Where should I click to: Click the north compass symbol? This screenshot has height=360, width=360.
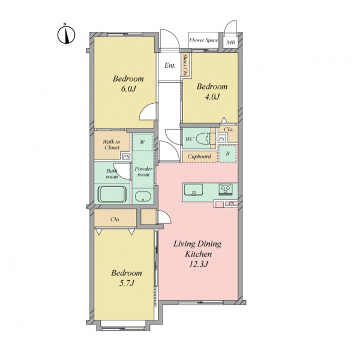point(66,35)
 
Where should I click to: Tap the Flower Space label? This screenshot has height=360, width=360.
point(203,40)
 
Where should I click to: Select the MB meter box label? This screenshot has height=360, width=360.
point(231,43)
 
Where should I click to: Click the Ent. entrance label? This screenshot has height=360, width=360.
point(170,65)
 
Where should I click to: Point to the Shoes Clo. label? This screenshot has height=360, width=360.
point(185,65)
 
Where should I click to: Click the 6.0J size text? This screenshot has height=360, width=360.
point(128,89)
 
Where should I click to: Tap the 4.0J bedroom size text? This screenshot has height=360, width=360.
point(212,97)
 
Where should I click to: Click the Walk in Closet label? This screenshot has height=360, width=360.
point(112,145)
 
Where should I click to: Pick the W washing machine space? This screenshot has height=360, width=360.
point(143,142)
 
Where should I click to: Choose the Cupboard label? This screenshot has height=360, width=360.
point(199,157)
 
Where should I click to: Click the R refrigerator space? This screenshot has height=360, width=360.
point(227,154)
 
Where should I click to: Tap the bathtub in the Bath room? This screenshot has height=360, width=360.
point(112,194)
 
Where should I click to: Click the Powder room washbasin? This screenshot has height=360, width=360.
point(143,197)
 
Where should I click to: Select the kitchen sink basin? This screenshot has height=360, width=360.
point(194,190)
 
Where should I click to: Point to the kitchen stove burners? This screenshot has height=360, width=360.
point(226,190)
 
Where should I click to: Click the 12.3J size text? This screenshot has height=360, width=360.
point(198,264)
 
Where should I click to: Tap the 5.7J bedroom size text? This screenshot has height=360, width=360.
point(127,283)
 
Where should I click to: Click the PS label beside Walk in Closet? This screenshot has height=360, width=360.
point(126,157)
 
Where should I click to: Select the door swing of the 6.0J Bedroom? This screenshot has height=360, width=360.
point(148,111)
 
